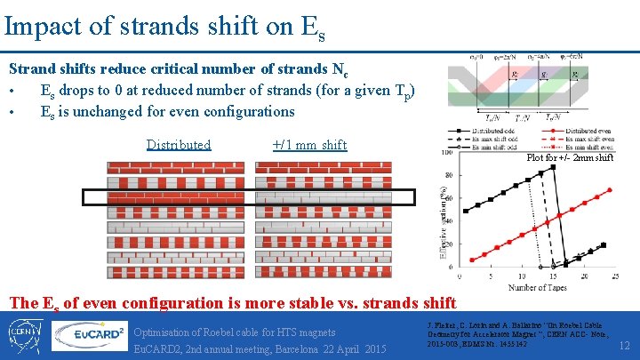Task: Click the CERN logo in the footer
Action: coord(27,334)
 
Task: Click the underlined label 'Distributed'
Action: coord(179,145)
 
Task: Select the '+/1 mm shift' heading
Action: coord(309,145)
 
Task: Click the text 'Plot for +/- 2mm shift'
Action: coord(570,158)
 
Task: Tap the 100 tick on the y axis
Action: coord(448,152)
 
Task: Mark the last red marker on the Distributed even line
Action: coord(609,189)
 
